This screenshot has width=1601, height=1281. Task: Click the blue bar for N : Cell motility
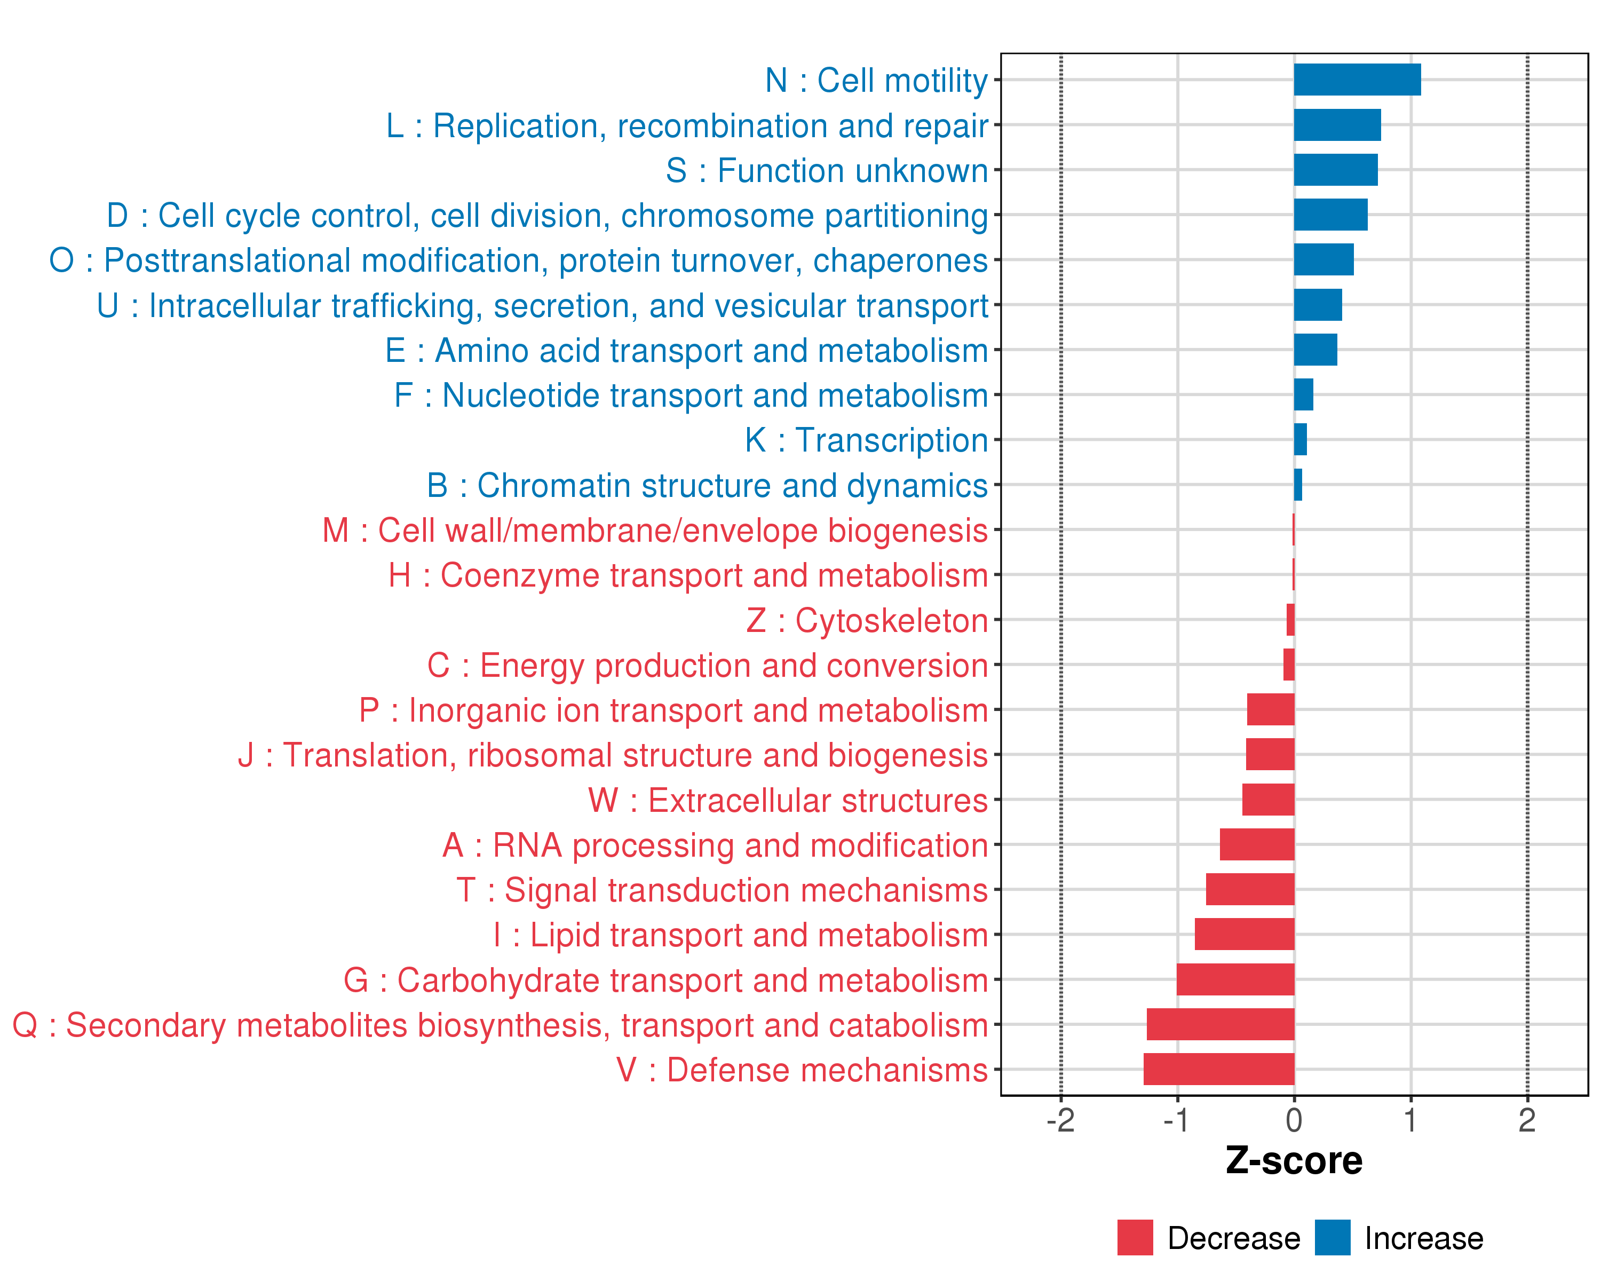1357,80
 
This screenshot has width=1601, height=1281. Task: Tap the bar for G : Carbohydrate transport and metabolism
1235,979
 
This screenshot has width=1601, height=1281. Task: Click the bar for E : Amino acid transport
1315,349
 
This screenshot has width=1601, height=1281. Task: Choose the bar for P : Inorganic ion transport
1271,709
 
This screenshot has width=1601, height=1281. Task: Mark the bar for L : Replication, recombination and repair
1337,125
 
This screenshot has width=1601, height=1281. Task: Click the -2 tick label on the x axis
1060,1120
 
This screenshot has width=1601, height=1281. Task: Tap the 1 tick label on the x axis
1410,1120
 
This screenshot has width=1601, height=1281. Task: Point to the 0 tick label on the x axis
1294,1120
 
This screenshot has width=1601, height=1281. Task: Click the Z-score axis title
1294,1161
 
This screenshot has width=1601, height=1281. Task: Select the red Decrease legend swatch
1135,1237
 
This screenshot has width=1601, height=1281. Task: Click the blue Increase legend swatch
1332,1237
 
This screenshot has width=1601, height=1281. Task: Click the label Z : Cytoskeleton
867,620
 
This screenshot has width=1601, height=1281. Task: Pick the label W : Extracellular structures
787,800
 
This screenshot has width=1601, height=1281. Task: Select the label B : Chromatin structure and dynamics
707,485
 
